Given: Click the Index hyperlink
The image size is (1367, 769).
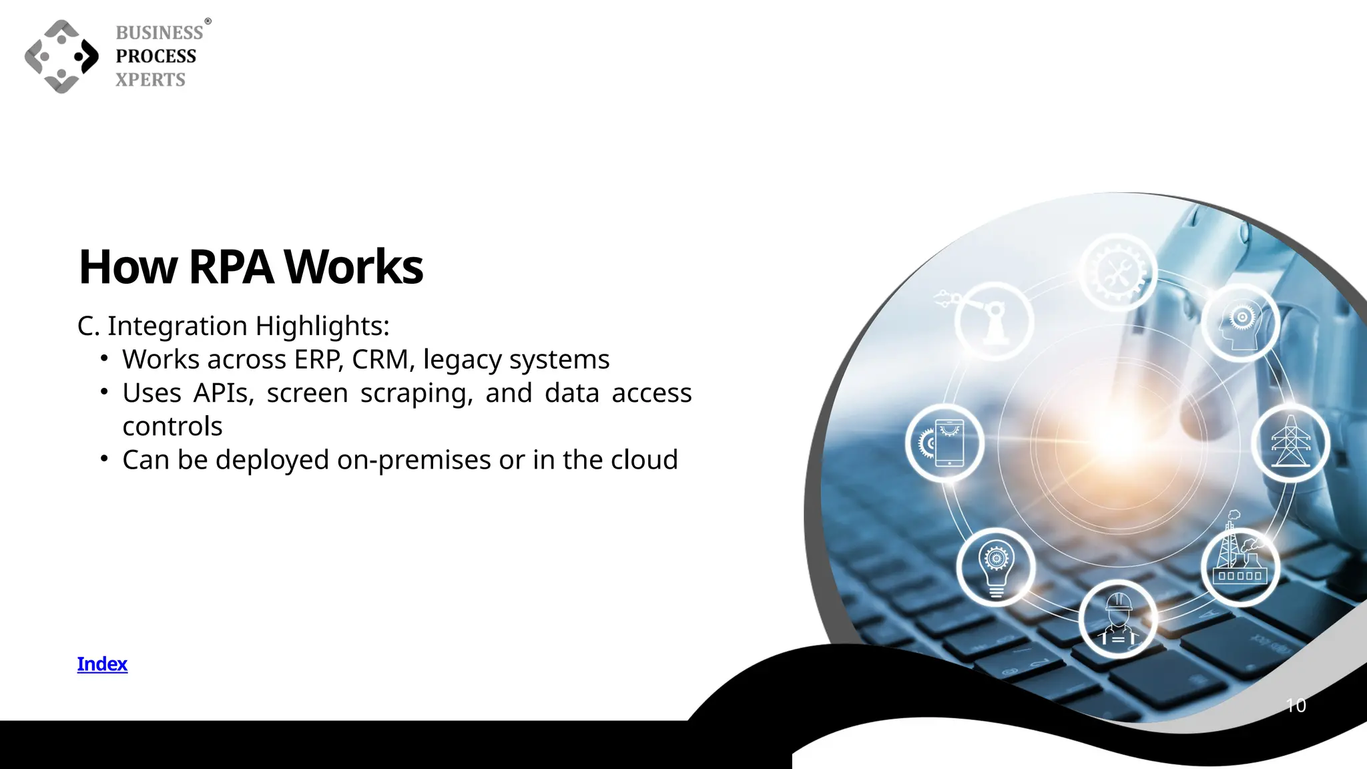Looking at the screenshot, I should click(x=102, y=664).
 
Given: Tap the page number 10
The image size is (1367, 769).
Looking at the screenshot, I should click(x=1296, y=706).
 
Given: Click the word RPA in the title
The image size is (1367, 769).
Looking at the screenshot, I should click(x=231, y=267).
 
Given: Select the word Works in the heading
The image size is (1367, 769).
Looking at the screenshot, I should click(x=354, y=267).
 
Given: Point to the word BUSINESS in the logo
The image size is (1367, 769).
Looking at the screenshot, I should click(x=160, y=33).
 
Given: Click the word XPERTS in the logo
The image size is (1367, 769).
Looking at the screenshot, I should click(x=151, y=79).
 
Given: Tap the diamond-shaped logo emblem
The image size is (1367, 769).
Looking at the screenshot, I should click(x=61, y=57).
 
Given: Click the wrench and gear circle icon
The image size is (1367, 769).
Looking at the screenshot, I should click(x=1118, y=272).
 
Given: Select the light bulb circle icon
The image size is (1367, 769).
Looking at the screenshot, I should click(x=996, y=567).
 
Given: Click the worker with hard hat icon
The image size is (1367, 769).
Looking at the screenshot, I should click(x=1118, y=620).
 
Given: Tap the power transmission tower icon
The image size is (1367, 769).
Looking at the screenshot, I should click(x=1290, y=443).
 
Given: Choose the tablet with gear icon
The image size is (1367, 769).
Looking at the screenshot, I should click(x=944, y=443).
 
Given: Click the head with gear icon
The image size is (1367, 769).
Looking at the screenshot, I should click(x=1240, y=323).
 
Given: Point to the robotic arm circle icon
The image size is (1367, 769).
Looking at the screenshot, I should click(x=994, y=322).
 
